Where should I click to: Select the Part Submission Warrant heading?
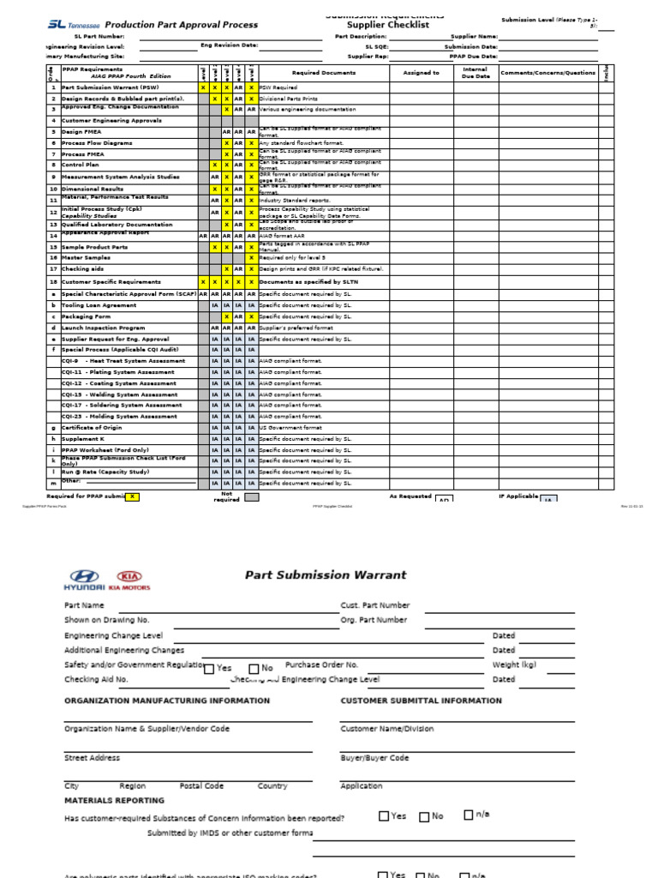click(326, 575)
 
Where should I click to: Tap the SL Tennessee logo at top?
click(72, 25)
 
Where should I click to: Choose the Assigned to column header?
click(422, 74)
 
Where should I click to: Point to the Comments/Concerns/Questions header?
click(548, 74)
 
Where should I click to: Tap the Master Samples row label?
click(87, 257)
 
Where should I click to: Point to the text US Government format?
click(290, 427)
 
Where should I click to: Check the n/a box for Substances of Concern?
click(469, 815)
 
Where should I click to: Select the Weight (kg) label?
click(514, 665)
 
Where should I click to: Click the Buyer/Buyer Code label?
click(374, 758)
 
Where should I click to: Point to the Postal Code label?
click(201, 785)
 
